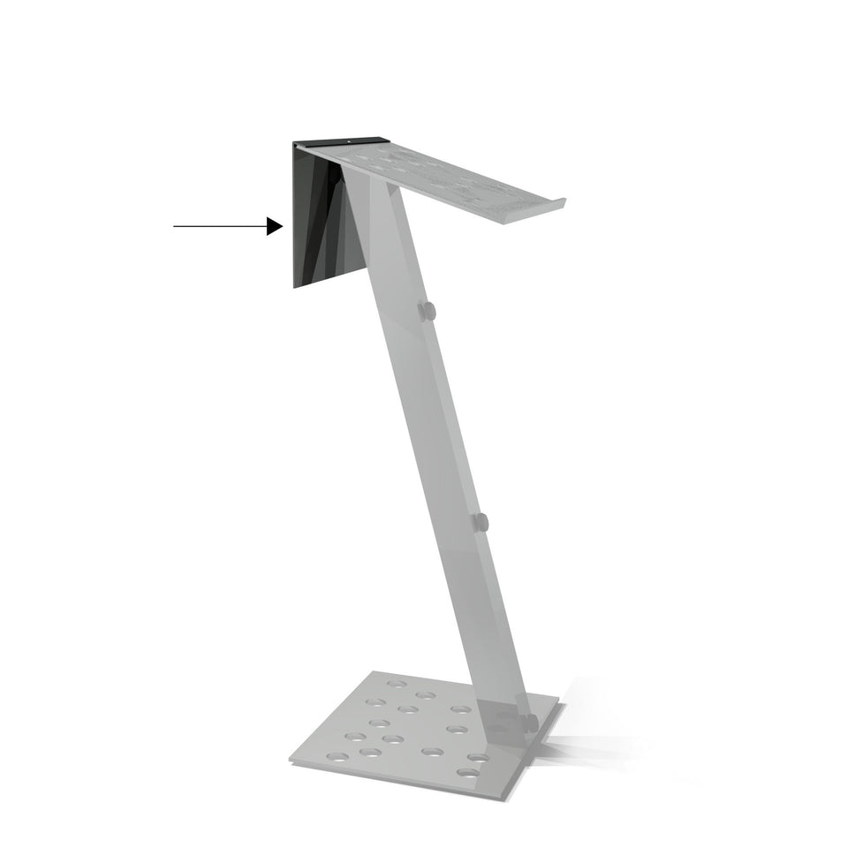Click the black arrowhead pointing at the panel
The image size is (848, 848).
275,227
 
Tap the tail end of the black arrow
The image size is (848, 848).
175,227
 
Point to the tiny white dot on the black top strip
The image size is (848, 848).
350,140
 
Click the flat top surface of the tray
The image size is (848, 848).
442,172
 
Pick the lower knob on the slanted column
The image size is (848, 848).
480,522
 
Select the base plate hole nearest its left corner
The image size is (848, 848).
337,755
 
